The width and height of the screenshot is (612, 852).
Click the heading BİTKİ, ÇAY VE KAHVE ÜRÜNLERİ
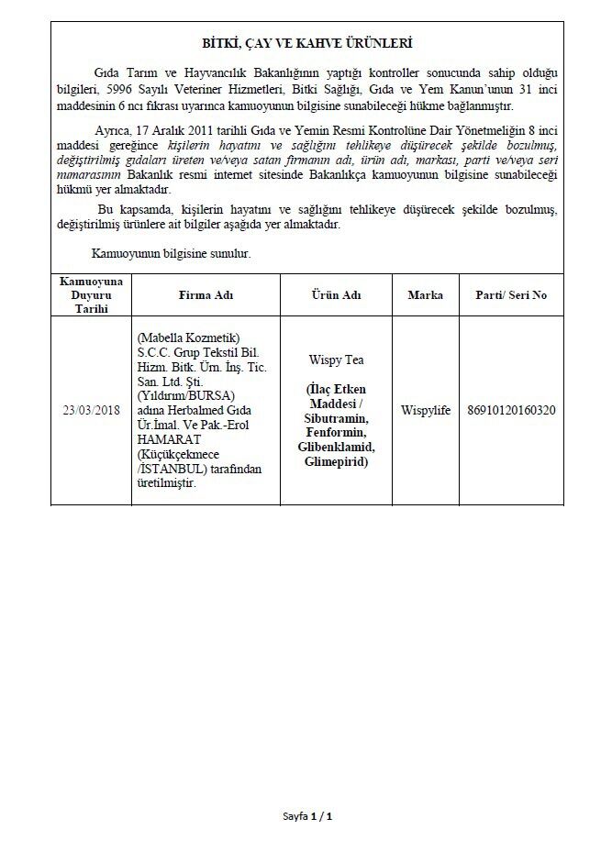[307, 43]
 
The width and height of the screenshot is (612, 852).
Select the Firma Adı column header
[206, 295]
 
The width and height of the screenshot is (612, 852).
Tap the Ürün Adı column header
[337, 295]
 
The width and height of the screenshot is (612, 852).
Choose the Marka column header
[425, 295]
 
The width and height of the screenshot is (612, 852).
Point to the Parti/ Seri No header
[512, 295]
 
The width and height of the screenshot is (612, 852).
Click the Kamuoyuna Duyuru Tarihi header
[91, 295]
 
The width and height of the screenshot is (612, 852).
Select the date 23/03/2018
[91, 409]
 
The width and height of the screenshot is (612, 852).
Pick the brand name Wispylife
[425, 409]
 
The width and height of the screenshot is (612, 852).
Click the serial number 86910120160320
[512, 409]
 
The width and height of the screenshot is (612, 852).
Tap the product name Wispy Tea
[337, 361]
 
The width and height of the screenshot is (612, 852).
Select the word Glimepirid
[337, 461]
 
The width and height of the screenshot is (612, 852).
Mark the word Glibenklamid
[337, 447]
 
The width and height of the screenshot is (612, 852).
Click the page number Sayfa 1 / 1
[306, 815]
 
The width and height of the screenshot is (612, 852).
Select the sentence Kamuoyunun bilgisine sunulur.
[172, 252]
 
